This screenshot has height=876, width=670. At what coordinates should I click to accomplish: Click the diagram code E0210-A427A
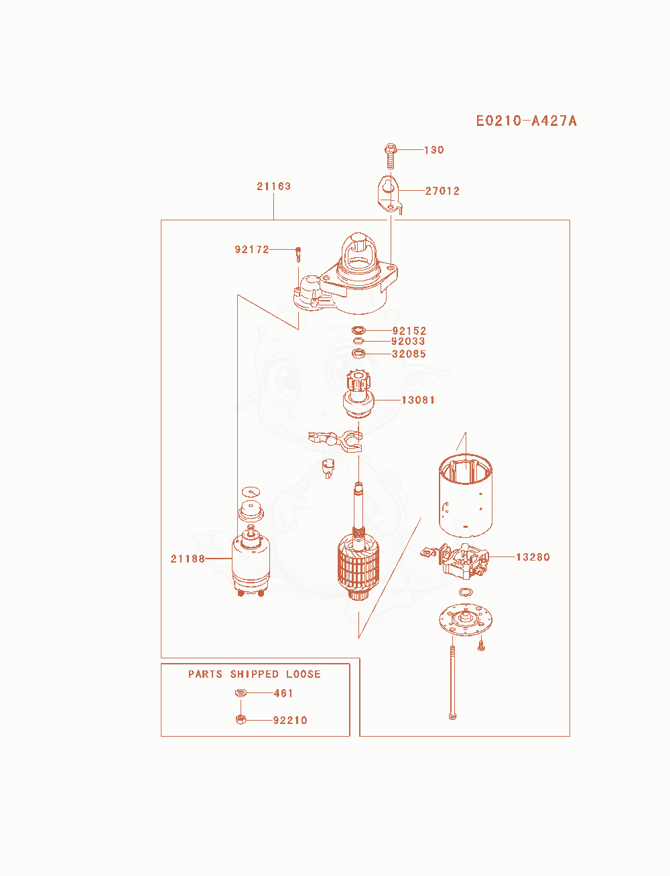tap(526, 121)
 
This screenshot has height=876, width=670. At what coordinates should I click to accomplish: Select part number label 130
tap(434, 150)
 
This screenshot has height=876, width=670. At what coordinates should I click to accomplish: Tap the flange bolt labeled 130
tap(391, 156)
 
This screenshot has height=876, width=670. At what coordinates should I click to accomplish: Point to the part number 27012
tap(442, 191)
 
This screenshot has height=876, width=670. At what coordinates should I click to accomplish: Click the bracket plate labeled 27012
tap(389, 194)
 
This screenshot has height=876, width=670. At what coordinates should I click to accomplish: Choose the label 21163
tap(273, 186)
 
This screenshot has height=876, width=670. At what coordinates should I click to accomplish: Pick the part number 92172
tap(252, 249)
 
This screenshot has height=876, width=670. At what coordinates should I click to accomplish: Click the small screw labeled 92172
tap(298, 254)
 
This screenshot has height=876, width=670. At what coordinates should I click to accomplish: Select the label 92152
tap(409, 331)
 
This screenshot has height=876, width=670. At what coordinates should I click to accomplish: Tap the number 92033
tap(408, 341)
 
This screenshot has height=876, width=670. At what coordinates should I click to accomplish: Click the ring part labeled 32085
tap(358, 354)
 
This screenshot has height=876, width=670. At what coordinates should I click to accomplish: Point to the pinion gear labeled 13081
tap(358, 394)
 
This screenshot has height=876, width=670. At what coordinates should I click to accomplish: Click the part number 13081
tap(418, 400)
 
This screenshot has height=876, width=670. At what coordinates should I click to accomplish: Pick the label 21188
tap(188, 559)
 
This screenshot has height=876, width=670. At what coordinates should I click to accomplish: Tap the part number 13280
tap(533, 557)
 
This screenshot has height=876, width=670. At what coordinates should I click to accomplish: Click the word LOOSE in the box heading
tap(304, 674)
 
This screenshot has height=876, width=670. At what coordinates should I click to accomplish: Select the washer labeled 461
tap(241, 692)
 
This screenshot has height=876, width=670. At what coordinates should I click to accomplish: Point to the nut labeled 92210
tap(241, 719)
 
